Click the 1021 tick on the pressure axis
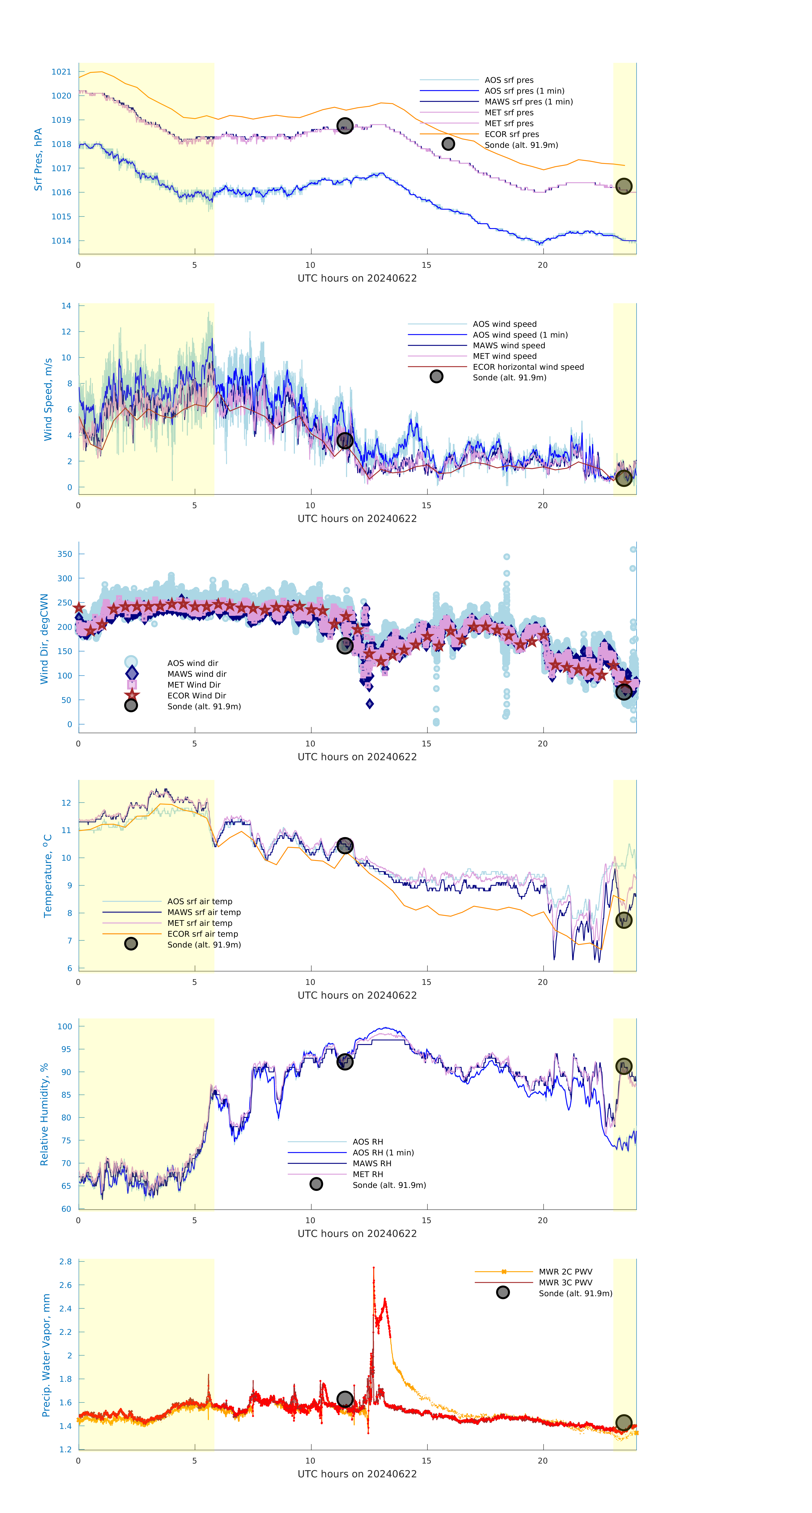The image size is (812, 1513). click(x=61, y=72)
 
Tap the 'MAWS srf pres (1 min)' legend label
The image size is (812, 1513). click(x=528, y=102)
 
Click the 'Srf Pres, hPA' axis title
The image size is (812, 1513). click(x=38, y=159)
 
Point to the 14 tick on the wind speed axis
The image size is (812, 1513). click(x=66, y=306)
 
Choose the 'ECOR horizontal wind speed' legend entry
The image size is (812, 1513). click(x=528, y=367)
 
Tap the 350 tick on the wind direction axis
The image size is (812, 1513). click(x=65, y=554)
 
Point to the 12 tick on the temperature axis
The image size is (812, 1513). click(x=66, y=803)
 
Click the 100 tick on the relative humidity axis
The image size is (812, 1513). click(x=65, y=1027)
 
